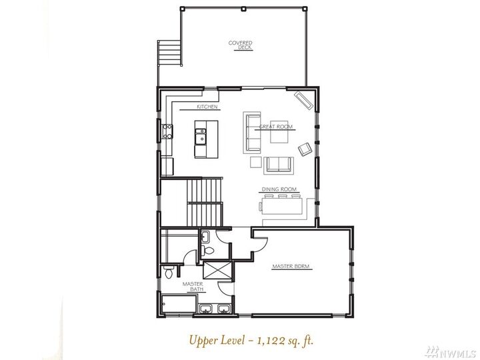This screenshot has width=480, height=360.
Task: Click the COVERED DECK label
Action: pyautogui.click(x=240, y=45)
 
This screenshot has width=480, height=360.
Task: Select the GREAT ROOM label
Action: pyautogui.click(x=276, y=127)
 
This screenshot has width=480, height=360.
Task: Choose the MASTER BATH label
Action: pyautogui.click(x=193, y=287)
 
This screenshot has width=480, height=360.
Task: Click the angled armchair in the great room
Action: pyautogui.click(x=305, y=149)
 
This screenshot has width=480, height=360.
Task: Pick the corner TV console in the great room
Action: pyautogui.click(x=304, y=100)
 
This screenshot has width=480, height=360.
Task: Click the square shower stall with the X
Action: pyautogui.click(x=215, y=270)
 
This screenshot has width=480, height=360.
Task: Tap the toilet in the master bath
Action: pyautogui.click(x=171, y=272)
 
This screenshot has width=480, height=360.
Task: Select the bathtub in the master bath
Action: pyautogui.click(x=179, y=305)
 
